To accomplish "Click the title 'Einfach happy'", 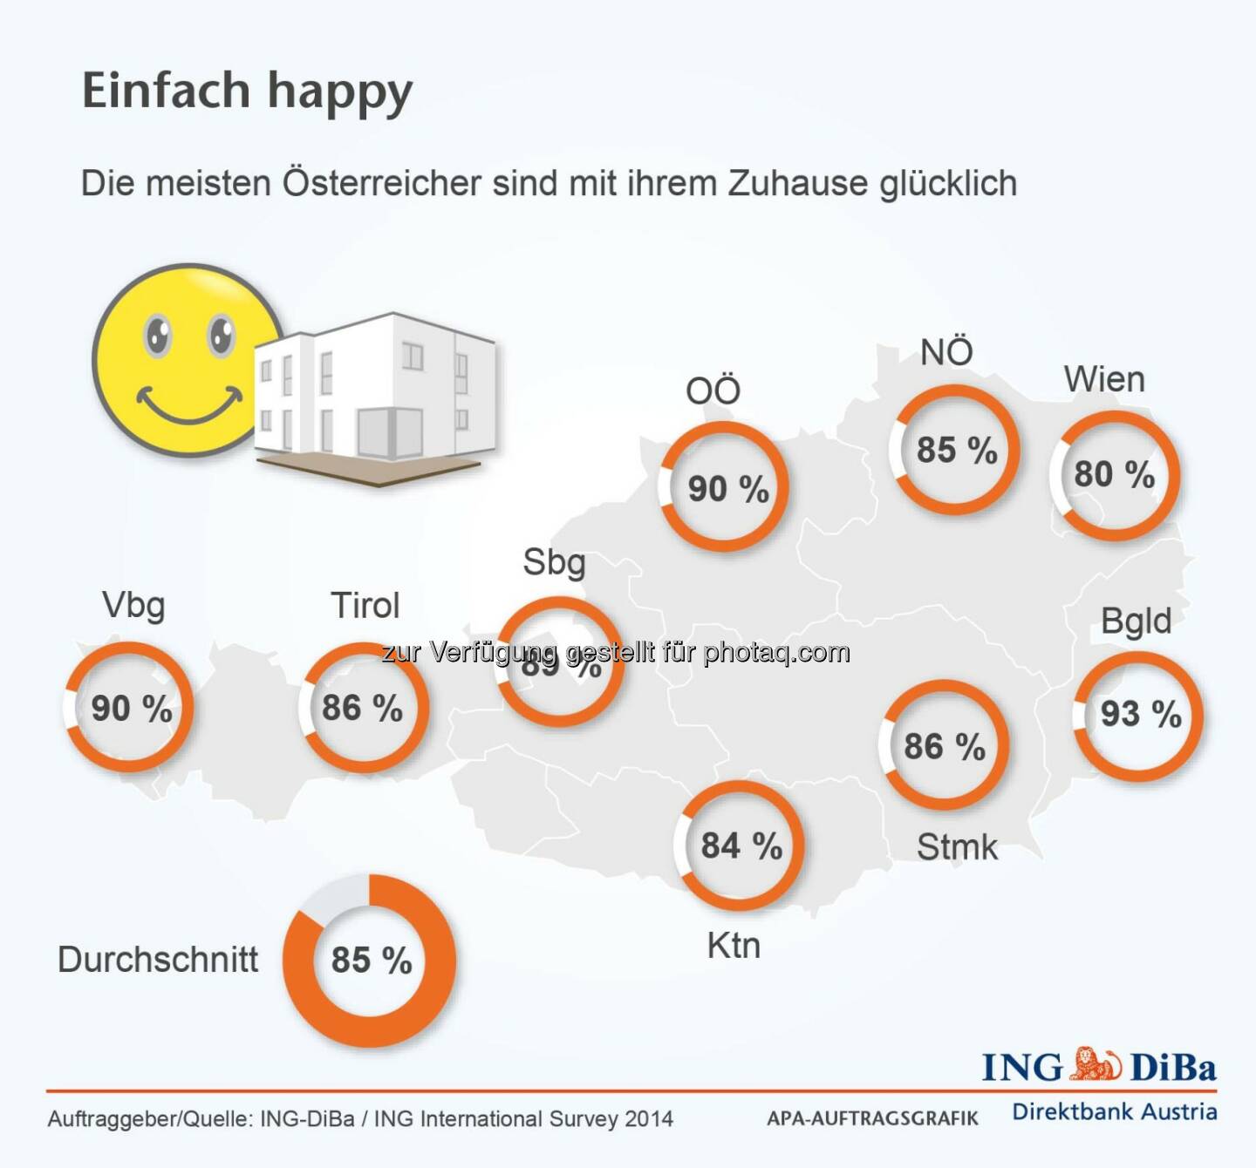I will pyautogui.click(x=247, y=92).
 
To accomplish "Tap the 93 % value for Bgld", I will pyautogui.click(x=1140, y=715).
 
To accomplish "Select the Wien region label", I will pyautogui.click(x=1103, y=380).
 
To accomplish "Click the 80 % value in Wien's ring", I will pyautogui.click(x=1114, y=475).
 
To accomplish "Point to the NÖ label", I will pyautogui.click(x=946, y=352).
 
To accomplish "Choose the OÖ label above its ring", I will pyautogui.click(x=713, y=390).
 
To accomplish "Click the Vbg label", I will pyautogui.click(x=133, y=605).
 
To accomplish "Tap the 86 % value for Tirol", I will pyautogui.click(x=362, y=708).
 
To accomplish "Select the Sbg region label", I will pyautogui.click(x=554, y=563).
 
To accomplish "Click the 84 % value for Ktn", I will pyautogui.click(x=741, y=845).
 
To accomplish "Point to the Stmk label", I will pyautogui.click(x=957, y=847).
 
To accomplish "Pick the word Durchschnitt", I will pyautogui.click(x=158, y=960).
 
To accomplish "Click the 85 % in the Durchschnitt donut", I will pyautogui.click(x=371, y=961).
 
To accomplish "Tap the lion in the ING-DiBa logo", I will pyautogui.click(x=1096, y=1065).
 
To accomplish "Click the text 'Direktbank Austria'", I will pyautogui.click(x=1114, y=1112).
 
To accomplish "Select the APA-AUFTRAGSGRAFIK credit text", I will pyautogui.click(x=872, y=1118).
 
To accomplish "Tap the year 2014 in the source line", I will pyautogui.click(x=649, y=1119).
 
